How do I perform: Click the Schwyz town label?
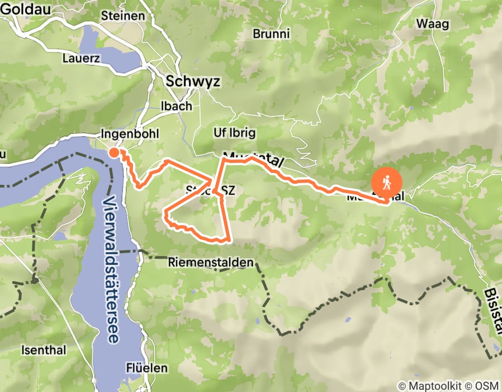tap(193, 82)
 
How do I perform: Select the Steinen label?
tap(123, 16)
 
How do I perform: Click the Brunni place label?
tap(271, 34)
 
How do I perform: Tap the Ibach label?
tap(176, 106)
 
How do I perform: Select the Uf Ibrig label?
tap(235, 133)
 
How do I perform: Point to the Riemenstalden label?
tap(210, 262)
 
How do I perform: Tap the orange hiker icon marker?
tap(387, 183)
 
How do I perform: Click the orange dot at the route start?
tap(114, 152)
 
